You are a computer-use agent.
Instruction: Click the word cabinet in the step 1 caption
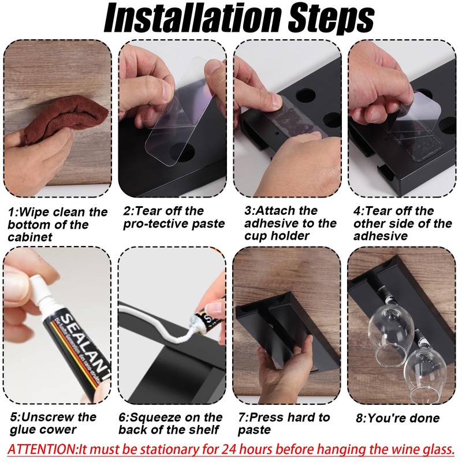[30, 237]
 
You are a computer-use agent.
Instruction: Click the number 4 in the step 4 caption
[357, 211]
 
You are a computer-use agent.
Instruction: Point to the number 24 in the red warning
[229, 449]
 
